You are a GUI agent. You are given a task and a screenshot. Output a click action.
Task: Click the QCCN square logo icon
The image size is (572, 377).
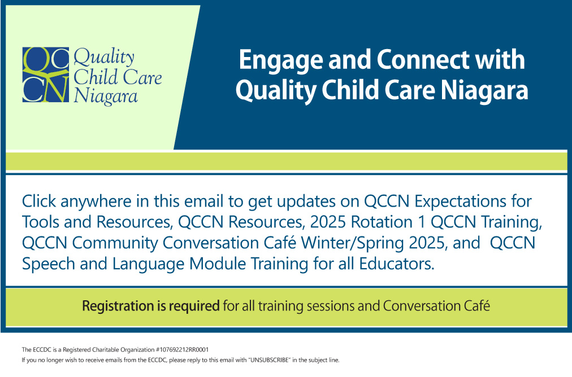tap(46, 74)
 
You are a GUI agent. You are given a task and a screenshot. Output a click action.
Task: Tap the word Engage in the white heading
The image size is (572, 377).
tap(281, 60)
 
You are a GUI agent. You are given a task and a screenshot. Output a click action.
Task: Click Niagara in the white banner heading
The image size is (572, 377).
tap(484, 91)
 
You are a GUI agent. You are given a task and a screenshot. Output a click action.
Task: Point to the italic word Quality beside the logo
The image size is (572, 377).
tap(104, 58)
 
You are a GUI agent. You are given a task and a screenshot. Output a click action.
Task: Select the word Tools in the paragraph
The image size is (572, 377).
tap(40, 222)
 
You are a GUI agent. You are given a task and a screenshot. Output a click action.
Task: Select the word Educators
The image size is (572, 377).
tap(397, 264)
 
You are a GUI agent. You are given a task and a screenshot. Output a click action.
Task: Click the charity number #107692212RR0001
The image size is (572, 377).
tap(182, 350)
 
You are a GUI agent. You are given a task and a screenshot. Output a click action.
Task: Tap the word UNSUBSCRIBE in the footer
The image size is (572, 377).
tap(268, 360)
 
